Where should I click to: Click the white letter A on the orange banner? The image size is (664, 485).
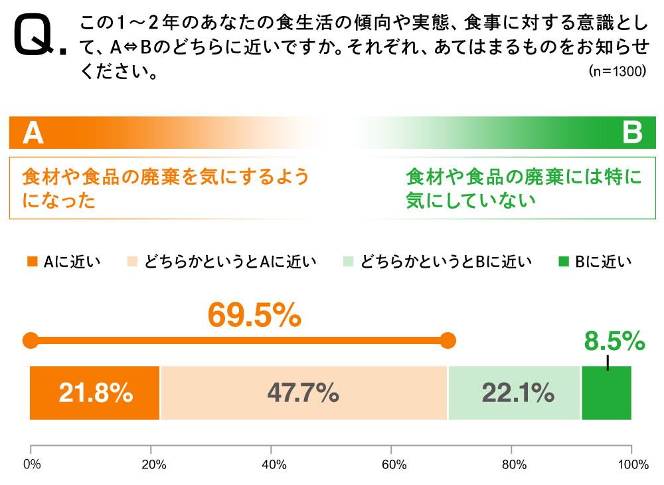point(33,134)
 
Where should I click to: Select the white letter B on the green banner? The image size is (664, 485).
point(632,134)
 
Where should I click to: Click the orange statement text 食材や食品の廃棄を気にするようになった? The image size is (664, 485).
point(166,189)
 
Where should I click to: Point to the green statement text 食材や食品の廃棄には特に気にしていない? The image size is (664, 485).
point(524,189)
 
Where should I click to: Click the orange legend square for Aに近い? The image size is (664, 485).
point(33,262)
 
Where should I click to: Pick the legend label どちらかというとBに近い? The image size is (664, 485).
point(446,262)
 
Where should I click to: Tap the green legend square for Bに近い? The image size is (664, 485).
point(563,262)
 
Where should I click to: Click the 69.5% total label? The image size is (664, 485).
point(254,315)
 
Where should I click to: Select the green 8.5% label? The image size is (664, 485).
point(614,341)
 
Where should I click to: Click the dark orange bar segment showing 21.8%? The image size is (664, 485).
point(95,393)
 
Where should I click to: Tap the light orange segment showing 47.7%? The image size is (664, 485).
point(303,393)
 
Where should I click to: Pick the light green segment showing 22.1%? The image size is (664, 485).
point(515,393)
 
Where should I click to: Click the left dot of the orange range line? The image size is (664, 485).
point(31,341)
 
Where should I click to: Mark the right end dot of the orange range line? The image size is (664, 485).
point(448,341)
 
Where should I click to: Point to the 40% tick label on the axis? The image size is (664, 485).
point(272,464)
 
